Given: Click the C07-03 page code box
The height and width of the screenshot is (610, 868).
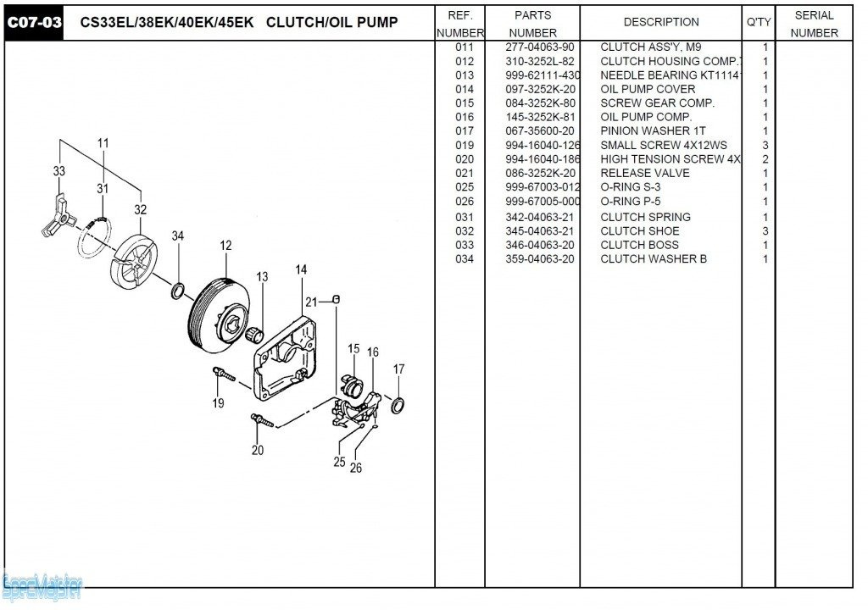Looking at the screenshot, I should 35,23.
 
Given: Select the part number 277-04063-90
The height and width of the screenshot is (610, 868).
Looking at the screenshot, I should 539,47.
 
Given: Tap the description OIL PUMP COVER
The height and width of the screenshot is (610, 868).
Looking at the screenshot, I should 648,89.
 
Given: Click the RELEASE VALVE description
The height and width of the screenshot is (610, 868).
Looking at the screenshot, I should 644,173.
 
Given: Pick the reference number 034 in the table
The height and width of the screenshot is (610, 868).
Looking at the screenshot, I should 465,259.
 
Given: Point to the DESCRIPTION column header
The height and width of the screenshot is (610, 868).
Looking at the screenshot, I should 661,23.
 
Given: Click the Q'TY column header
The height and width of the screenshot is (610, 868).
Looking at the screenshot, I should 759,23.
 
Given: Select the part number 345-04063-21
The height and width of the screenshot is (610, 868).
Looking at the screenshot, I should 539,231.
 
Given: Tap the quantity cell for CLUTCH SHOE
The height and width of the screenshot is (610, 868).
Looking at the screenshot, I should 765,231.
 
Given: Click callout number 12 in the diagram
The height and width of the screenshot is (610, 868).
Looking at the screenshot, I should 225,246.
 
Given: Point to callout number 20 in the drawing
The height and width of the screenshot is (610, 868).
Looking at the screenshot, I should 258,451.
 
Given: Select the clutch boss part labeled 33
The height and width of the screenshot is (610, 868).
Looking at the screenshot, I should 53,215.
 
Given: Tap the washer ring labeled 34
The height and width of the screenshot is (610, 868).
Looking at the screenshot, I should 179,291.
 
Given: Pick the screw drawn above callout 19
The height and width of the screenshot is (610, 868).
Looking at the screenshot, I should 224,373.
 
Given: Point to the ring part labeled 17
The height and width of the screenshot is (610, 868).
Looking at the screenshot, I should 398,404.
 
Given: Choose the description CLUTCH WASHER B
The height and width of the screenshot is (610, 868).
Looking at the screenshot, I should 653,259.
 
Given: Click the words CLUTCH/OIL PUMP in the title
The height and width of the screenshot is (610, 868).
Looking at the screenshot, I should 331,23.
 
